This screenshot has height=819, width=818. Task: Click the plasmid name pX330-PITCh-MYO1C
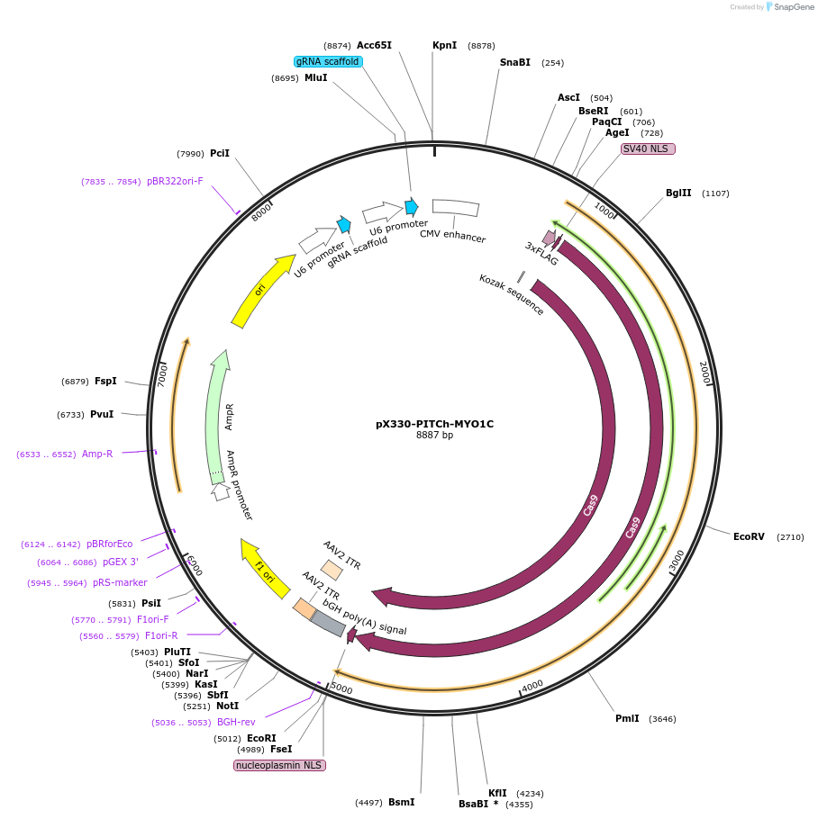(434, 424)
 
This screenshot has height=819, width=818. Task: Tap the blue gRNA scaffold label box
(328, 62)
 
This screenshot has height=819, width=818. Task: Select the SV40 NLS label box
(647, 148)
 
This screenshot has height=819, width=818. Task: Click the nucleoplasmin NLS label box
(278, 765)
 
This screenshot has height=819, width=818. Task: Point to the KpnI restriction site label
(444, 45)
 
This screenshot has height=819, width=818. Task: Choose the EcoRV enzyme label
(749, 536)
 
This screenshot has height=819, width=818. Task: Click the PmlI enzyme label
(627, 718)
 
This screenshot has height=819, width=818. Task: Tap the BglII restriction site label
(678, 193)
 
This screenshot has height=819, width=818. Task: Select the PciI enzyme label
(220, 153)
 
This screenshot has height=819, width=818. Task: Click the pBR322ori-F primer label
(175, 181)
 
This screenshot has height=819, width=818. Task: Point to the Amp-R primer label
(97, 454)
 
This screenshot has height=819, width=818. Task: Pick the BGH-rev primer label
(236, 722)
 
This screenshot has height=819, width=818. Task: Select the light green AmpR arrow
(217, 416)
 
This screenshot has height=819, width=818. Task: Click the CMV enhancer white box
(456, 208)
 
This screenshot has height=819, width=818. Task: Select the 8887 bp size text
(434, 436)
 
